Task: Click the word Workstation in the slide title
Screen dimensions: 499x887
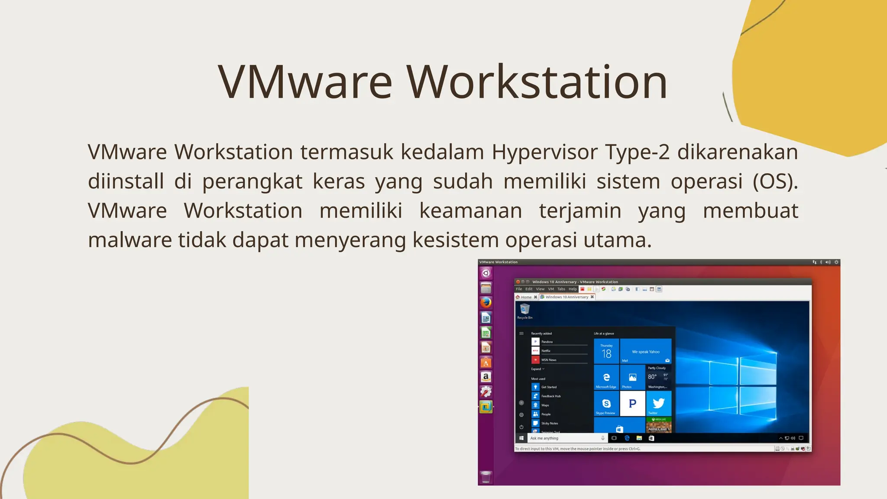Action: (537, 82)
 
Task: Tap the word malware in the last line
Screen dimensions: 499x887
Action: (130, 240)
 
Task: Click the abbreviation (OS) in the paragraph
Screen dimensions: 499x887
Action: (775, 181)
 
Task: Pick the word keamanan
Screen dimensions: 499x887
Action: (470, 211)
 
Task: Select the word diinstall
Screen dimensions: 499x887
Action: (126, 181)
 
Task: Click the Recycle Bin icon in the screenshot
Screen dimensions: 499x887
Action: (525, 309)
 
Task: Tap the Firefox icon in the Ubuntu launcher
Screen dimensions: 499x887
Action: (486, 302)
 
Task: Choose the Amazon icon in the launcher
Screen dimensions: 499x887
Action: (486, 377)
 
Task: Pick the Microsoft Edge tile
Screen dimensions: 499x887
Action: (606, 377)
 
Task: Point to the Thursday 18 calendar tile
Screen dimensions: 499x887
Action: (606, 352)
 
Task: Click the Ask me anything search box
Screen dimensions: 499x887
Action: (563, 438)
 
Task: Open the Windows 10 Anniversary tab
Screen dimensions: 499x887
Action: (567, 297)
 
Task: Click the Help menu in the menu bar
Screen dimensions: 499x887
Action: (573, 289)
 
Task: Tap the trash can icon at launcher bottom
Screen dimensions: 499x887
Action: (486, 477)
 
